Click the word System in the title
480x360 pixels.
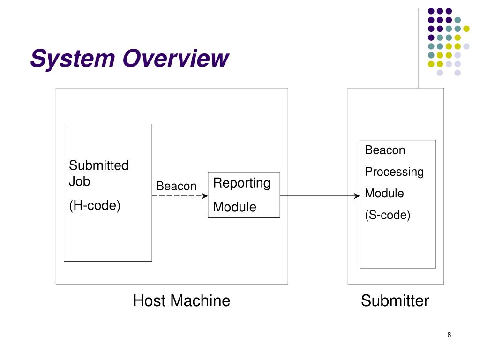tap(73, 59)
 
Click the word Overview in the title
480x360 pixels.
tap(176, 58)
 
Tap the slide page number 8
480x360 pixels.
tap(449, 335)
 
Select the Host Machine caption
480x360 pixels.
tap(181, 300)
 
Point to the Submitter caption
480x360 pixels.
tap(395, 300)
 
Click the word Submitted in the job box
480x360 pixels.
tap(98, 165)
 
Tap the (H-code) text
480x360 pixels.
tap(95, 205)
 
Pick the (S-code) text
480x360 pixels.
tap(388, 215)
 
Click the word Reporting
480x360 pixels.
tap(242, 183)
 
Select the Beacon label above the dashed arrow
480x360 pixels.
tap(176, 186)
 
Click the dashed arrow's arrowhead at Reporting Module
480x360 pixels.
tap(205, 196)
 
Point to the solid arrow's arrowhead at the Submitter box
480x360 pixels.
tap(357, 196)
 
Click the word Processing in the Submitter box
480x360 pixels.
tap(394, 172)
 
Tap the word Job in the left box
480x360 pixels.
tap(79, 181)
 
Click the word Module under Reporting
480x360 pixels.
tap(234, 207)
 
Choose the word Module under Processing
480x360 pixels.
tap(384, 193)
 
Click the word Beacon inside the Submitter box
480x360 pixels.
tap(385, 150)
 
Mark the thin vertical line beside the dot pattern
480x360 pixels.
tap(418, 48)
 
